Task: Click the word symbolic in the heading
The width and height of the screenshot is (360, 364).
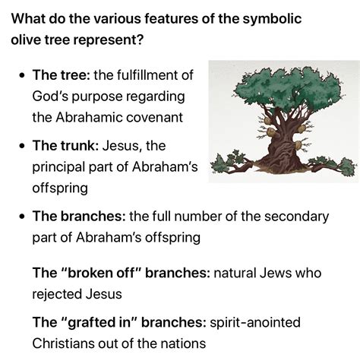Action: click(272, 19)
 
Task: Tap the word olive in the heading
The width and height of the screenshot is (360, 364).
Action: click(25, 40)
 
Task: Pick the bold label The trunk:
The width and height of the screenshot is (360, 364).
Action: click(65, 146)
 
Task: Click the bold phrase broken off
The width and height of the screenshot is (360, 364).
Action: click(102, 273)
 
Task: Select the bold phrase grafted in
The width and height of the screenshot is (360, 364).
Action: click(99, 323)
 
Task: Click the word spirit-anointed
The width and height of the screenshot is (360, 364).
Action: click(255, 323)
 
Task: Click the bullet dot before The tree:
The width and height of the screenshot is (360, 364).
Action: click(23, 75)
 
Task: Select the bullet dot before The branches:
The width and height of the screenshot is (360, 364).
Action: click(23, 217)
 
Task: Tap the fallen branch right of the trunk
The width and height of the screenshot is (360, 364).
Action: click(332, 165)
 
